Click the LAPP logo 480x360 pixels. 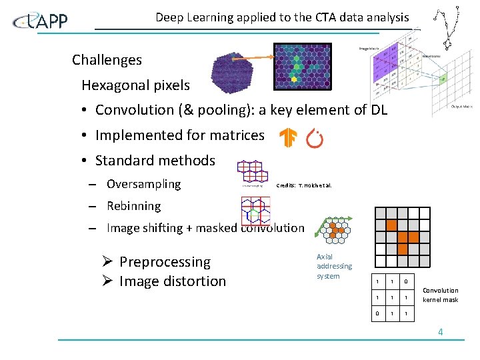(41, 21)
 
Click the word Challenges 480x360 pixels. (107, 60)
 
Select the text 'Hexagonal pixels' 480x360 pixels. (135, 85)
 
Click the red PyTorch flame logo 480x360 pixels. (314, 138)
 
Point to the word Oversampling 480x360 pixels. (143, 184)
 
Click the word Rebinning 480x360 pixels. (133, 207)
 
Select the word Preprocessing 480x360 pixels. (165, 262)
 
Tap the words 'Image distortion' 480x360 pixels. (173, 281)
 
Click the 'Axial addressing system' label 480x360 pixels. (334, 267)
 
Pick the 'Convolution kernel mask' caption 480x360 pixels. (441, 295)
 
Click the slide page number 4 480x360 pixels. (441, 332)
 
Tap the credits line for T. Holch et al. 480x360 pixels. (303, 185)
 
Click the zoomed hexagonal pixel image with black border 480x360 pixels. (302, 67)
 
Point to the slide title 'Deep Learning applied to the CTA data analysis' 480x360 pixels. (282, 17)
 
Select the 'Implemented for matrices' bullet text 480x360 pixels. (179, 135)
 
